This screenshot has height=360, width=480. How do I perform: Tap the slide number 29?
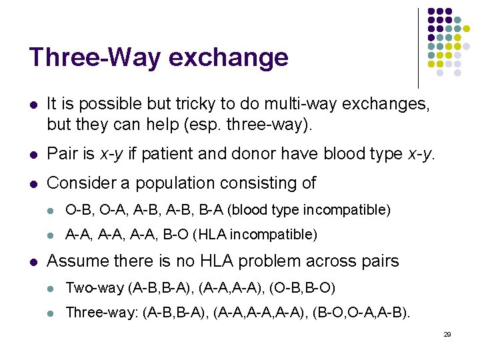click(447, 334)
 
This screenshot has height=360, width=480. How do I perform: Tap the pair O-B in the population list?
click(75, 210)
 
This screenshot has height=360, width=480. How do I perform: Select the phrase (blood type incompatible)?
click(308, 210)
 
